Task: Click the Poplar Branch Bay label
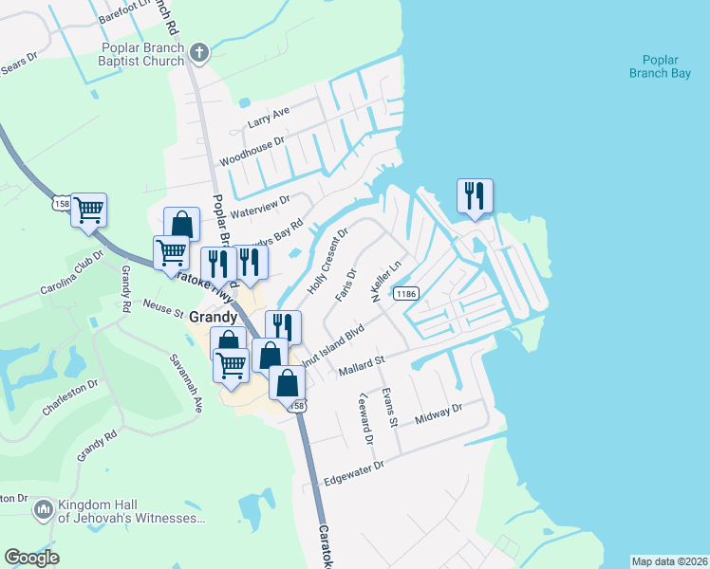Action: [x=660, y=65]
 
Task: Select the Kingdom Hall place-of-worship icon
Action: [x=42, y=511]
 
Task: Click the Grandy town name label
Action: [x=213, y=317]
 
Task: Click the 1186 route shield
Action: [x=407, y=294]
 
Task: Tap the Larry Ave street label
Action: [x=268, y=118]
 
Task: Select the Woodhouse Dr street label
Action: [x=252, y=151]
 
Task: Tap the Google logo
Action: [x=32, y=557]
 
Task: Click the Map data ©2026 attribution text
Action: [x=669, y=561]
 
